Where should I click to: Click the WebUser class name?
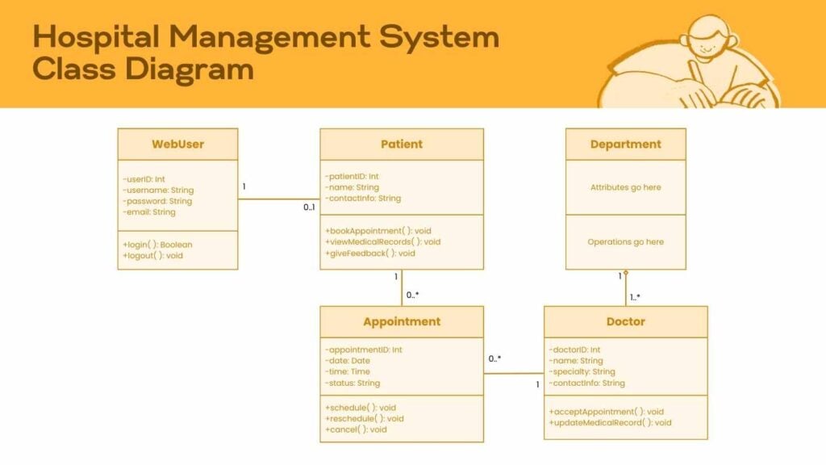177,145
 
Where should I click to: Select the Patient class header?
402,145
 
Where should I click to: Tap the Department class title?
625,145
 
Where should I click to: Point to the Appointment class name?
402,321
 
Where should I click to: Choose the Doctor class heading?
625,321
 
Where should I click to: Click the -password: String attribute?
157,201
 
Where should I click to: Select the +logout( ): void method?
152,255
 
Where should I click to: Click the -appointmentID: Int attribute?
363,350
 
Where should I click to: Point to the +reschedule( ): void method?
365,418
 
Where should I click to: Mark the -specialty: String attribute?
582,372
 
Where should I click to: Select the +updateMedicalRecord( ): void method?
610,422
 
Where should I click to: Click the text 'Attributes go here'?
625,187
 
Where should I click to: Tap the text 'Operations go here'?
625,241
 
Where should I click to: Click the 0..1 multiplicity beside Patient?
309,207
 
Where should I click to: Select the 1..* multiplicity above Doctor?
635,297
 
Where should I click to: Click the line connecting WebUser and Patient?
278,199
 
